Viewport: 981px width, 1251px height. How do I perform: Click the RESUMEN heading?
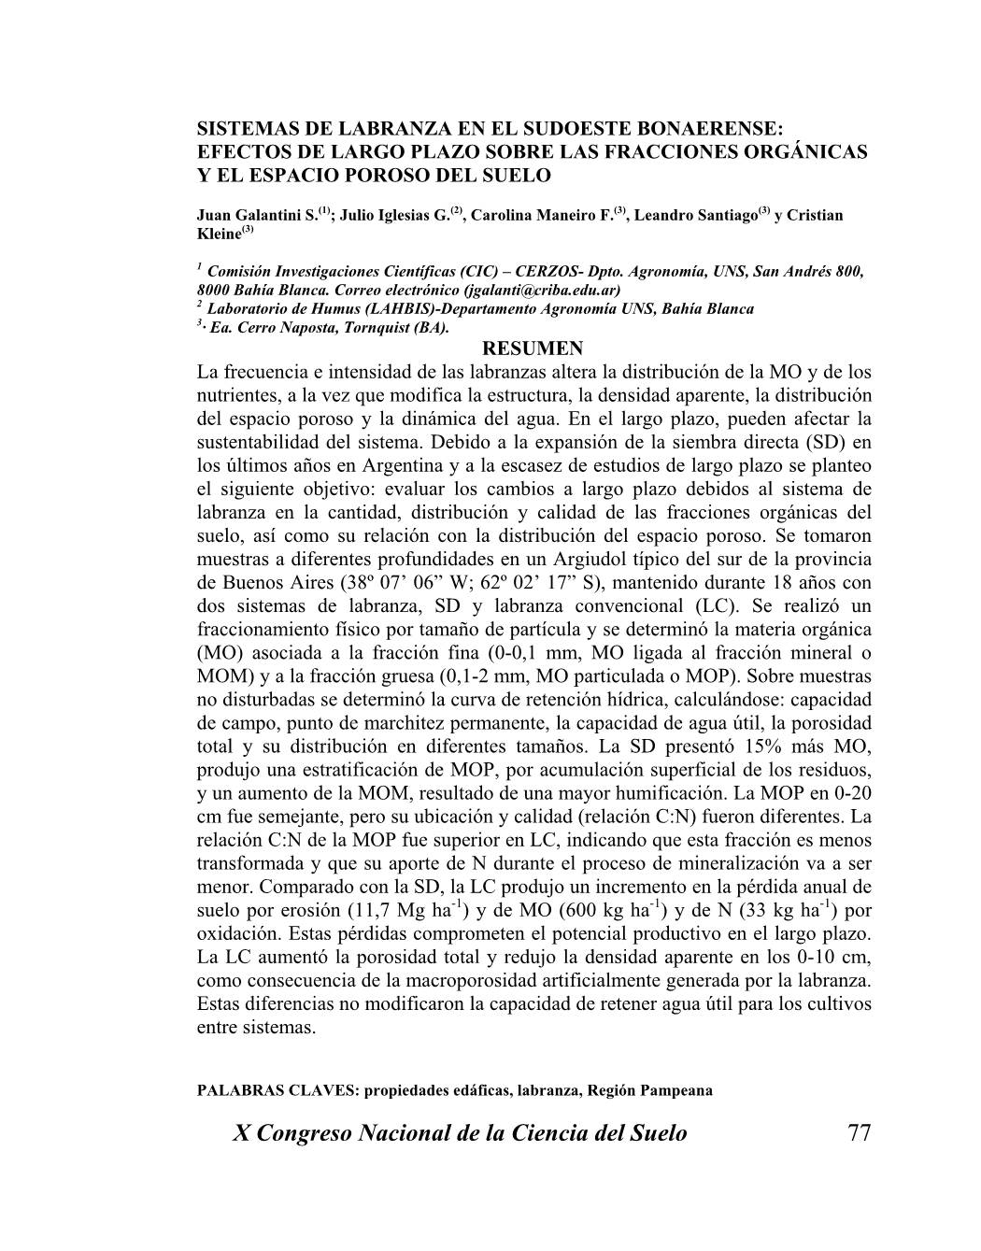click(534, 349)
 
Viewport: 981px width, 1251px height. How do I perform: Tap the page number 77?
click(859, 1133)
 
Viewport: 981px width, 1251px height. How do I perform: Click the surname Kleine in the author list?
click(219, 234)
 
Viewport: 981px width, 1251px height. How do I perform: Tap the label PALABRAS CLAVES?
click(277, 1090)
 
